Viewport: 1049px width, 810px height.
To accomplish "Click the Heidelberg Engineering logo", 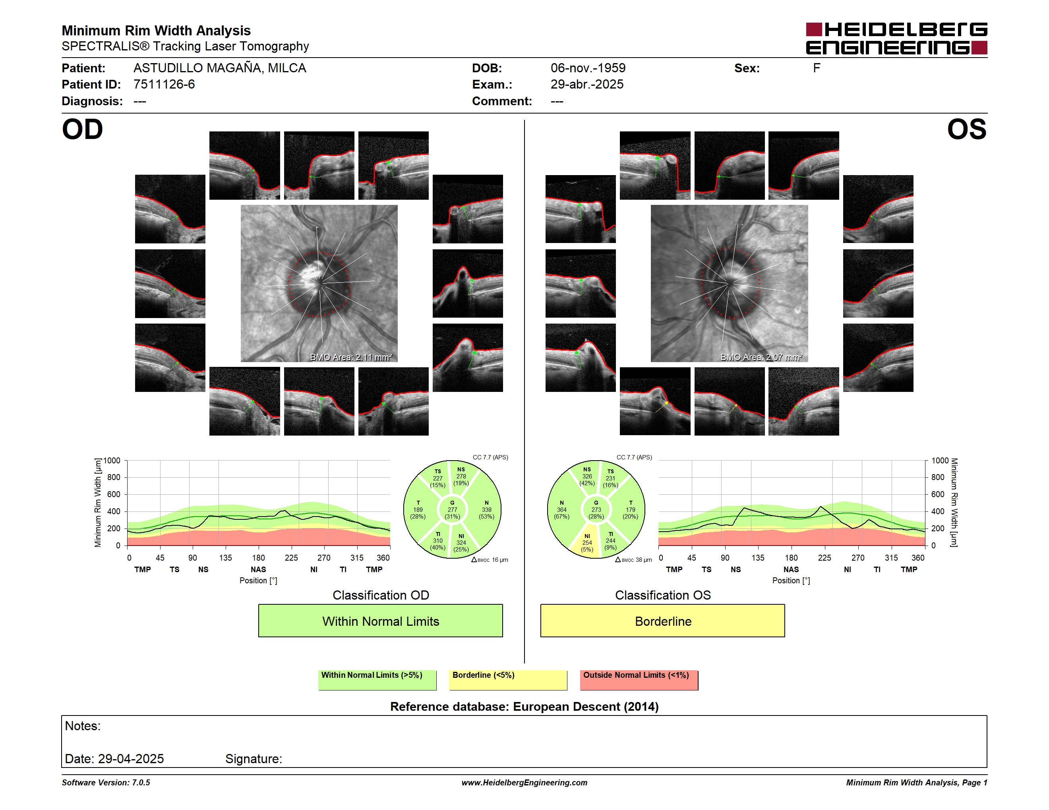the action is pos(896,39).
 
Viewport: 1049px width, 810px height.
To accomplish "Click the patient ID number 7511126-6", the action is pos(164,85).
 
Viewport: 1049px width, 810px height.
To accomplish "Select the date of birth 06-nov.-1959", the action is pos(588,68).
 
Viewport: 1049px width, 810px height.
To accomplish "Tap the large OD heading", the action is pos(83,129).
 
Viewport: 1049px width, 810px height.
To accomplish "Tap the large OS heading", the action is pos(966,129).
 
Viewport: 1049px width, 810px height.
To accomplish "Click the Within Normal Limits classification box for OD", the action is pos(380,621).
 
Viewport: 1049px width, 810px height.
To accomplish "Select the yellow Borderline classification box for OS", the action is pos(662,621).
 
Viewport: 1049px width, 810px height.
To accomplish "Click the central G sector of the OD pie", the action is pos(452,509).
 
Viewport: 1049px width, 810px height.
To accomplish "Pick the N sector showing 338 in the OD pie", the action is pos(486,509).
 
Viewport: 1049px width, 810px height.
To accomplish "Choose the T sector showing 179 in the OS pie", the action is pos(630,509).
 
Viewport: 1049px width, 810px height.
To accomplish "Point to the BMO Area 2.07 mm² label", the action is pos(761,357).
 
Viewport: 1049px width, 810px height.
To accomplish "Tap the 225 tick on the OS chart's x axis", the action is pos(824,557).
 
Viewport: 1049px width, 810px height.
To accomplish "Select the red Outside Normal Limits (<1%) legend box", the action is pos(639,680).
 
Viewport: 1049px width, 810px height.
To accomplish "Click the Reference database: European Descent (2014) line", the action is pos(524,706).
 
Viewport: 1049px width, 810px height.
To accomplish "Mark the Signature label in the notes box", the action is pos(254,759).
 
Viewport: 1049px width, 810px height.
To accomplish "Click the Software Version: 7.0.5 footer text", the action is pos(106,783).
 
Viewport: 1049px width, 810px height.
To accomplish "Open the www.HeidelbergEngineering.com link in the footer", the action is pos(524,783).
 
